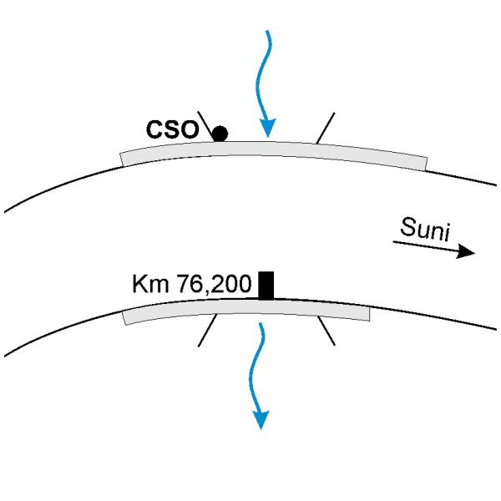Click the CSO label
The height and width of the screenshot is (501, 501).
pyautogui.click(x=172, y=129)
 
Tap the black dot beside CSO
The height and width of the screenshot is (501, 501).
pyautogui.click(x=220, y=134)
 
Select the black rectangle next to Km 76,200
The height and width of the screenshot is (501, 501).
pyautogui.click(x=266, y=286)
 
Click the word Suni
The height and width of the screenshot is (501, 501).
pyautogui.click(x=425, y=229)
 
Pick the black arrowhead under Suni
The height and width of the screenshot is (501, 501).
pyautogui.click(x=466, y=251)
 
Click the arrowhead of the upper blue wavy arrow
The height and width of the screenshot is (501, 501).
pyautogui.click(x=267, y=128)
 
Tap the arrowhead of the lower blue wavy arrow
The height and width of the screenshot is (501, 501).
pyautogui.click(x=261, y=419)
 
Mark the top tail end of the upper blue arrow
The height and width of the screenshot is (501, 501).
pyautogui.click(x=268, y=31)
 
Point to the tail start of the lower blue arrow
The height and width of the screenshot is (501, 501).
pyautogui.click(x=261, y=323)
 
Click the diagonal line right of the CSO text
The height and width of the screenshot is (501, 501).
pyautogui.click(x=205, y=126)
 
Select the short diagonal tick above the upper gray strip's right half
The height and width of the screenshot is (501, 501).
pyautogui.click(x=326, y=128)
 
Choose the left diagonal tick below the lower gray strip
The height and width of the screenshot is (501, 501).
pyautogui.click(x=208, y=330)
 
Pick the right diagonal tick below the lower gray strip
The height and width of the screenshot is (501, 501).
pyautogui.click(x=326, y=331)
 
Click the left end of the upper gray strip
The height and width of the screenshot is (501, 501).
pyautogui.click(x=122, y=159)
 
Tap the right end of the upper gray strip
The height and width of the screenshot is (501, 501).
pyautogui.click(x=426, y=164)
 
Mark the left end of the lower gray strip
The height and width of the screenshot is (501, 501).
pyautogui.click(x=124, y=318)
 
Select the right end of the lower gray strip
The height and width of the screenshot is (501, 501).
pyautogui.click(x=370, y=314)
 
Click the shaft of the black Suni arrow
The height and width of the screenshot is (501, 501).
pyautogui.click(x=425, y=246)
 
